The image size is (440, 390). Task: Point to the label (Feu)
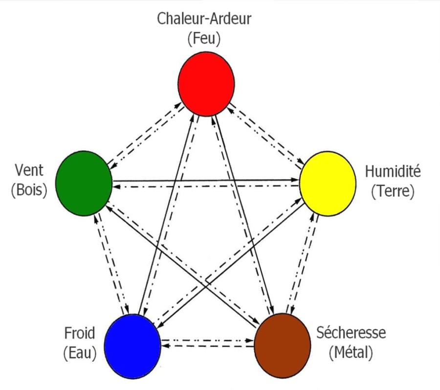(x=204, y=38)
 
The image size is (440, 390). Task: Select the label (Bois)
(x=29, y=190)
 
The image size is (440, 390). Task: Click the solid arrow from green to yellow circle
(x=205, y=179)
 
